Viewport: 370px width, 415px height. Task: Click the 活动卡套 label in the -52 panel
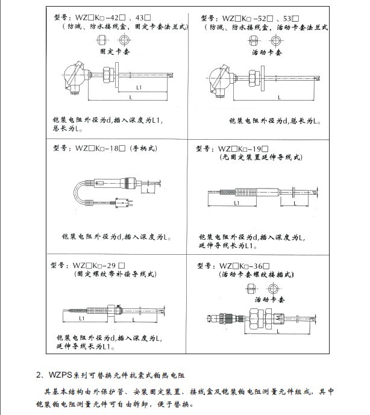263,52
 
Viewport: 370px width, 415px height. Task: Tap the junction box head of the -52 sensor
219,80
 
